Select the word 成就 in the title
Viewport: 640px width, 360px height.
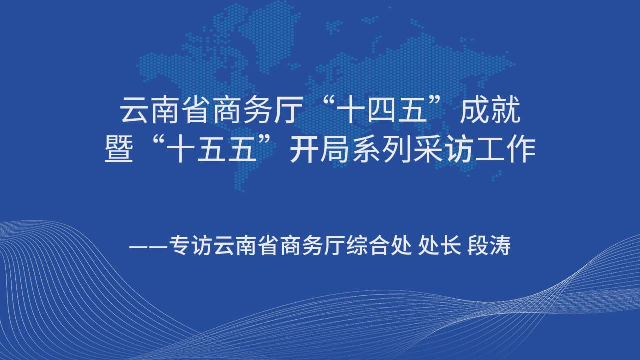click(490, 110)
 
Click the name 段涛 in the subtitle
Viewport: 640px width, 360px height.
click(489, 245)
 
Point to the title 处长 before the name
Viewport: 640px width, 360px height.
click(439, 245)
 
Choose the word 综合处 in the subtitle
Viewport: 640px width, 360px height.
click(379, 245)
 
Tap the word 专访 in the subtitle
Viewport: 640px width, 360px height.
click(191, 245)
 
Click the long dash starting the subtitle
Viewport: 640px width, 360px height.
click(149, 246)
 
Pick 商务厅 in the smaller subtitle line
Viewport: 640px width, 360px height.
click(313, 245)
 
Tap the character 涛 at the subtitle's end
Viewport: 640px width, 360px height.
click(500, 245)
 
